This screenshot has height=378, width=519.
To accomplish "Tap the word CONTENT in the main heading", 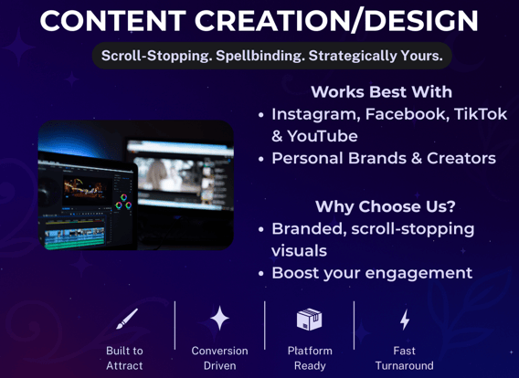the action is pos(113,20).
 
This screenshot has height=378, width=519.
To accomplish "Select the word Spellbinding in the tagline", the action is pos(260,56).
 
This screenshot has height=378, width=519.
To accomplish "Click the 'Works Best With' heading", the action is pos(382,91).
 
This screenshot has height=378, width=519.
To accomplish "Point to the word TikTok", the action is pos(481,114).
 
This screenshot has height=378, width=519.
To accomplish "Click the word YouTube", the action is pos(323,136).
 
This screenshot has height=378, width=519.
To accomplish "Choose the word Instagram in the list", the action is pos(316,115).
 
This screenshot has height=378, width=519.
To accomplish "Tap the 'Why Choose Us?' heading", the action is pos(386,206).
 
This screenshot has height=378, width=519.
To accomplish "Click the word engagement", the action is pos(418,274).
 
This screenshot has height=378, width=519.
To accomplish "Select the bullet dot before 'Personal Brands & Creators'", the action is pos(261,159).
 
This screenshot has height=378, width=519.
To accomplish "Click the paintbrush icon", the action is pos(127,319).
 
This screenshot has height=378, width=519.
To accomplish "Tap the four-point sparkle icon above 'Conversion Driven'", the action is pos(219,318).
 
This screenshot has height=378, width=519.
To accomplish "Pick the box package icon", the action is pos(309,320).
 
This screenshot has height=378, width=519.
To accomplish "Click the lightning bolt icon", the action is pos(405,320).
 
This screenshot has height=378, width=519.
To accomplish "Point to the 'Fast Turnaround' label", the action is pos(404,358).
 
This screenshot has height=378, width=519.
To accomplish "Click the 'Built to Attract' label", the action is pos(124,358).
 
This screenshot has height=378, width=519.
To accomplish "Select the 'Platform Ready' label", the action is pos(310,358).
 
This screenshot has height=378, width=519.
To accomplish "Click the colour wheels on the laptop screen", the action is pos(123,202).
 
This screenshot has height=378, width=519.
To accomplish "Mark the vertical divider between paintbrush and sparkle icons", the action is pos(175,325).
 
